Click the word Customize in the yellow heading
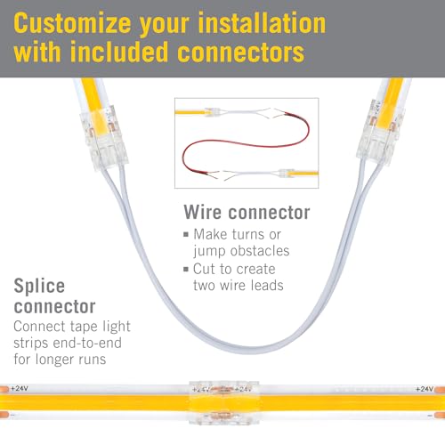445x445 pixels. click(72, 24)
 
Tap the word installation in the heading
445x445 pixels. click(262, 22)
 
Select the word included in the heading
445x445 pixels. click(119, 52)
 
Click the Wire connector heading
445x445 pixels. click(247, 213)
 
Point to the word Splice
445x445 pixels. click(39, 287)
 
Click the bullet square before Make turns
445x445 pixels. click(186, 235)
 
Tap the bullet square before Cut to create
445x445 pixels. click(186, 270)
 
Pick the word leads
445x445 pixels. click(267, 286)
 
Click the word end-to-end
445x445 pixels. click(87, 343)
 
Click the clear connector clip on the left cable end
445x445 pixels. click(104, 139)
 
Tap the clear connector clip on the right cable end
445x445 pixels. click(380, 131)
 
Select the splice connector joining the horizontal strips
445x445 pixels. click(224, 403)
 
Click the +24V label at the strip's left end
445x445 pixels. click(20, 388)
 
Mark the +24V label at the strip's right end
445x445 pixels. click(425, 389)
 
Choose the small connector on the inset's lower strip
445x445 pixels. click(286, 174)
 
